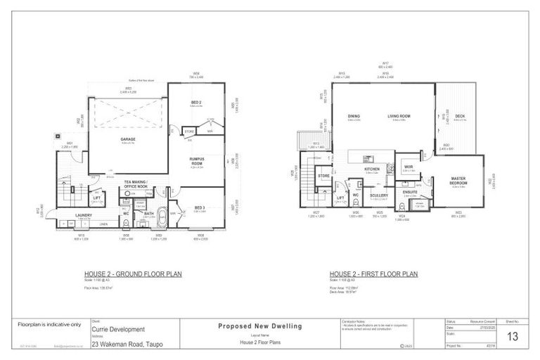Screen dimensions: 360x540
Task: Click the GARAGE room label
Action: click(x=127, y=139)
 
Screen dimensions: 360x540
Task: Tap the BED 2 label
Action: click(x=197, y=102)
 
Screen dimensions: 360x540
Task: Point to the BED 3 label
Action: click(x=200, y=207)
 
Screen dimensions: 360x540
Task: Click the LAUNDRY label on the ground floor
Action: click(x=85, y=215)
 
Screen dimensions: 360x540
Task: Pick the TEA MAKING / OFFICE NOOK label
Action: click(x=135, y=184)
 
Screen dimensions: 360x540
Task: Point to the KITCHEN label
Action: click(x=372, y=169)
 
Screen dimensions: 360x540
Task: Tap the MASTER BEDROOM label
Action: click(x=459, y=181)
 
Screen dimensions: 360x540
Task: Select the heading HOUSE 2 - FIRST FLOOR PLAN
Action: click(x=373, y=274)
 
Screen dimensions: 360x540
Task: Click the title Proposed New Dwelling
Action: click(x=261, y=326)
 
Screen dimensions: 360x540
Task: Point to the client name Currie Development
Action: click(x=119, y=329)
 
